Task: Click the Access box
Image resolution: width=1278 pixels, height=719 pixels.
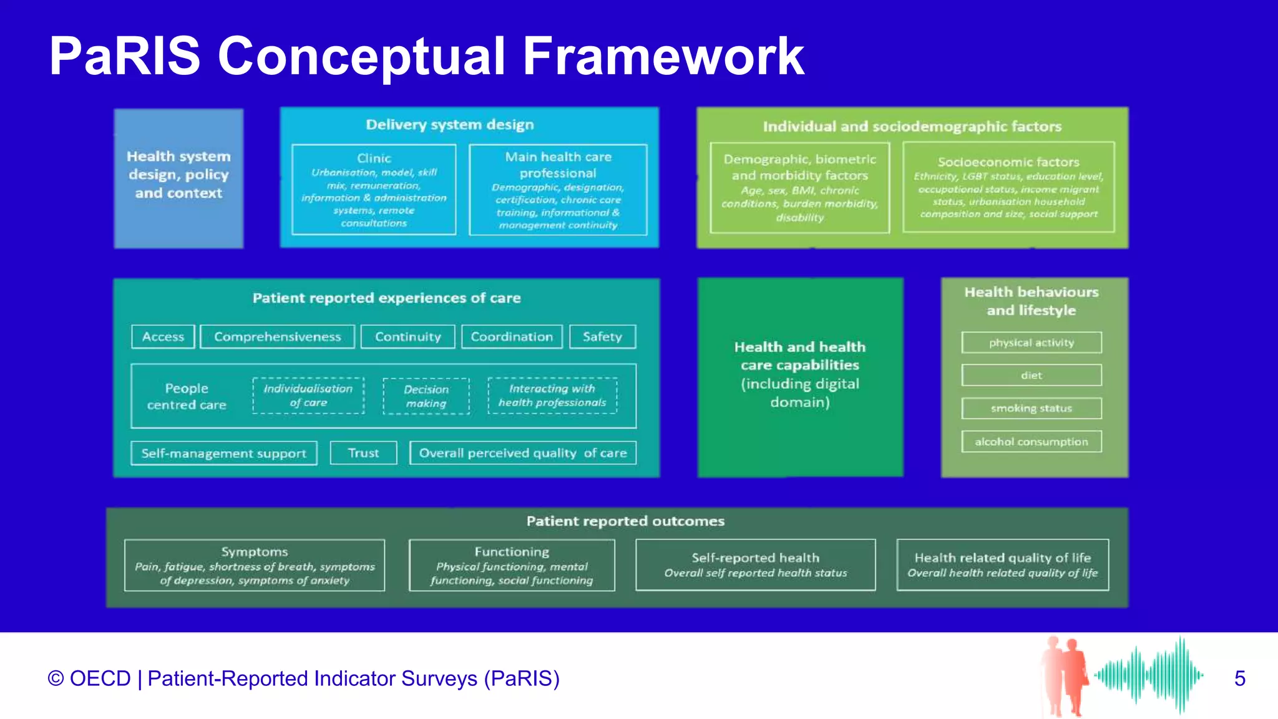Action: click(163, 336)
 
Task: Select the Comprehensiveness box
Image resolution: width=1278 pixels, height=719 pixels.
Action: click(277, 336)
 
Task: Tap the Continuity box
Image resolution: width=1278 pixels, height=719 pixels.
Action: click(407, 336)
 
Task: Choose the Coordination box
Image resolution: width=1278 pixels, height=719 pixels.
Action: click(512, 336)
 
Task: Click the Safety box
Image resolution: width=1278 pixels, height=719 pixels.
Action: click(602, 336)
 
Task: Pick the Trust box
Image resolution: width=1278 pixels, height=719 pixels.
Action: click(363, 453)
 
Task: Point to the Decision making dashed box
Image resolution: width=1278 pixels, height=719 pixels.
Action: click(426, 396)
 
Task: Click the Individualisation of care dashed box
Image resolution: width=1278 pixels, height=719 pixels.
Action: click(308, 396)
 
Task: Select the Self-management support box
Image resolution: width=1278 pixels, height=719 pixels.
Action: click(223, 453)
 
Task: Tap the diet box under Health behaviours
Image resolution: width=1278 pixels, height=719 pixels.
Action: click(1032, 375)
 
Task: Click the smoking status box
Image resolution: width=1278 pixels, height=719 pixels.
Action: click(1032, 408)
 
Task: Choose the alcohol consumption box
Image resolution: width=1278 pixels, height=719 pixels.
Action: click(1032, 441)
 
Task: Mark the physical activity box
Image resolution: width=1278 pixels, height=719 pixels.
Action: click(1032, 343)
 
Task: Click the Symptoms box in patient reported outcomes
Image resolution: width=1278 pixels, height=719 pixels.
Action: click(255, 565)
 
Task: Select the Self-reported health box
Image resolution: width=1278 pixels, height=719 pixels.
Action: click(755, 565)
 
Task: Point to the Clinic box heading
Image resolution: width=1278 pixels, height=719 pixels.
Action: click(374, 159)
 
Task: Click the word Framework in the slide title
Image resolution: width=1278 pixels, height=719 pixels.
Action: click(663, 56)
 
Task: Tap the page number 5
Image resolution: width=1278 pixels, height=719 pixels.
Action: click(1239, 678)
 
